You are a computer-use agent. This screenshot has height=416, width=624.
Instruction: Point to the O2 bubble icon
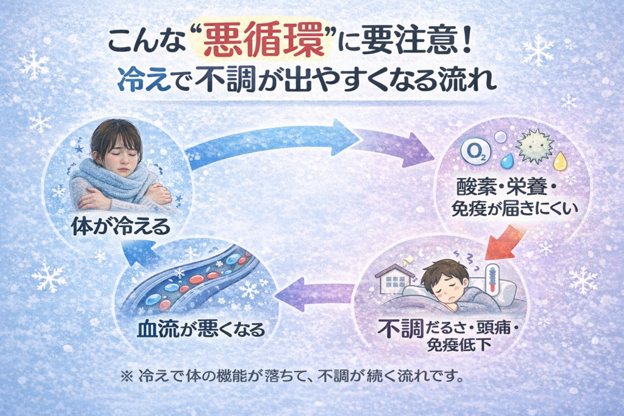click(x=473, y=152)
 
